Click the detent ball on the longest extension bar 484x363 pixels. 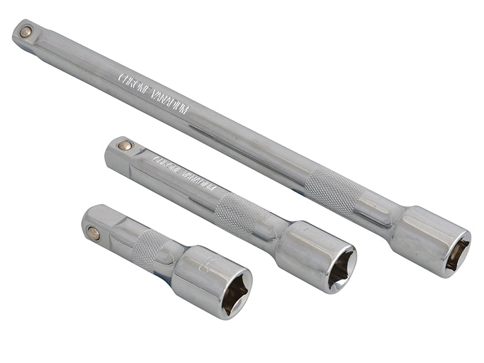(x=25, y=32)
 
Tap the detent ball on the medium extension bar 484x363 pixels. (x=125, y=145)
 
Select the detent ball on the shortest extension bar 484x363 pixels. (x=94, y=232)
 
